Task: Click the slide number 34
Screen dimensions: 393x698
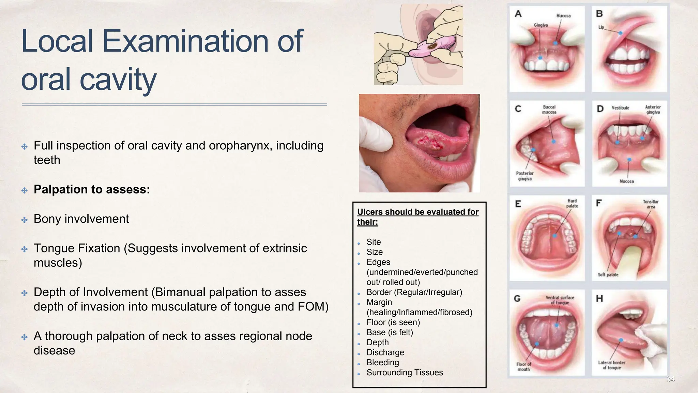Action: pyautogui.click(x=670, y=379)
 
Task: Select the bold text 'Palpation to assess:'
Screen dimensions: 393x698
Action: pyautogui.click(x=92, y=189)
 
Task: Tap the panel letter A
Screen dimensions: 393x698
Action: pyautogui.click(x=518, y=14)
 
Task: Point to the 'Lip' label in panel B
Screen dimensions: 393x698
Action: pyautogui.click(x=601, y=27)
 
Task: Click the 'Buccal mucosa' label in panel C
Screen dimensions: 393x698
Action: pyautogui.click(x=549, y=110)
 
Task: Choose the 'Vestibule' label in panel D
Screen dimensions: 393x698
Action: pyautogui.click(x=620, y=108)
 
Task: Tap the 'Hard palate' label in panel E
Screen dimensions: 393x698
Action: pyautogui.click(x=572, y=203)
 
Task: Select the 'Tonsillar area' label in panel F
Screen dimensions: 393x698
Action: pyautogui.click(x=651, y=204)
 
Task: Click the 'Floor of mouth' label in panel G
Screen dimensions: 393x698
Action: pyautogui.click(x=523, y=367)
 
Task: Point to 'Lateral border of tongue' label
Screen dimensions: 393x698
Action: pyautogui.click(x=611, y=365)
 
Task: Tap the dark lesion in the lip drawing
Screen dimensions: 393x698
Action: pyautogui.click(x=434, y=46)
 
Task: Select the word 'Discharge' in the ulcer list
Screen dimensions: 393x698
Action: pyautogui.click(x=385, y=352)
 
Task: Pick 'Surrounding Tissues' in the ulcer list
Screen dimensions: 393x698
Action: pyautogui.click(x=405, y=373)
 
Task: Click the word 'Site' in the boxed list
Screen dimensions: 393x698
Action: pyautogui.click(x=374, y=242)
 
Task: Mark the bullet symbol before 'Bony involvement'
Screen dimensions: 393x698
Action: pyautogui.click(x=25, y=220)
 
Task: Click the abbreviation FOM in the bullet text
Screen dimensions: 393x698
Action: pyautogui.click(x=313, y=307)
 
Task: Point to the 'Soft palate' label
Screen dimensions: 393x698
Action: pyautogui.click(x=608, y=275)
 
